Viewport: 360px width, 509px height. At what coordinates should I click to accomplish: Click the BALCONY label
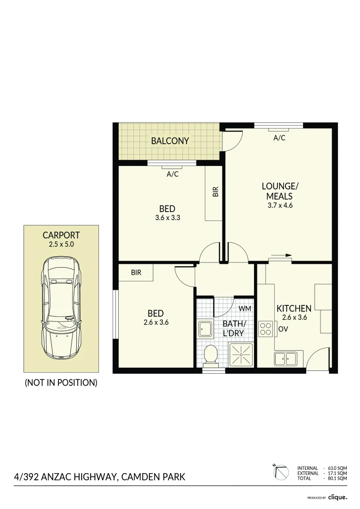(x=170, y=141)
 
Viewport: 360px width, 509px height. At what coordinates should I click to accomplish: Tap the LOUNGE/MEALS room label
(x=280, y=191)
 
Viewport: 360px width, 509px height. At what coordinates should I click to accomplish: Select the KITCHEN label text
(x=294, y=309)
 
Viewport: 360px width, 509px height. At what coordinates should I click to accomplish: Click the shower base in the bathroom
(x=241, y=355)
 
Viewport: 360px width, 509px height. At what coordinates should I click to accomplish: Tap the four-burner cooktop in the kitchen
(x=266, y=328)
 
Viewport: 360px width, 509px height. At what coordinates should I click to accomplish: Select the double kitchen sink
(x=286, y=359)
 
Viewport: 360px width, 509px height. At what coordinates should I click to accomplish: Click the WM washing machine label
(x=245, y=308)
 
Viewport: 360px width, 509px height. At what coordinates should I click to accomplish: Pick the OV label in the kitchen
(x=283, y=329)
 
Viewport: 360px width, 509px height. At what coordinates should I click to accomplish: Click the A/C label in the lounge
(x=279, y=138)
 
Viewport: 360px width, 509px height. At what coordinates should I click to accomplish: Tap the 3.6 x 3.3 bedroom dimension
(x=168, y=218)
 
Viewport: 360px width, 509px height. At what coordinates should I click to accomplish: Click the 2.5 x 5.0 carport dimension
(x=61, y=245)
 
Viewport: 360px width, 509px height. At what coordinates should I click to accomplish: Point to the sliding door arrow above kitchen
(x=282, y=255)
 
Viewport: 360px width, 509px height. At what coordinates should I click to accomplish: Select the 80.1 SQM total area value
(x=338, y=478)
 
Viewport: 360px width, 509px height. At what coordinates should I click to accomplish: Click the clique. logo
(x=338, y=497)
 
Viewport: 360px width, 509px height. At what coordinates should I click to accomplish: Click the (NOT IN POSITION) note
(x=61, y=383)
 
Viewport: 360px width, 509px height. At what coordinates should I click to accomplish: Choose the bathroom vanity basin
(x=205, y=328)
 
